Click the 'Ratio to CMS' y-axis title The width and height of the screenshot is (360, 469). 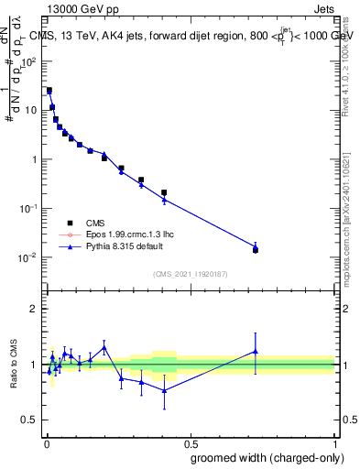16,365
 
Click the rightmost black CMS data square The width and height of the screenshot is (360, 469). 256,250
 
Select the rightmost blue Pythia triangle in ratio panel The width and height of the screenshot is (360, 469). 256,351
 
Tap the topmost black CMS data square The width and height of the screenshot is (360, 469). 49,91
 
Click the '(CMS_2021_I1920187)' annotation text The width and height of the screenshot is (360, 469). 190,274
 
